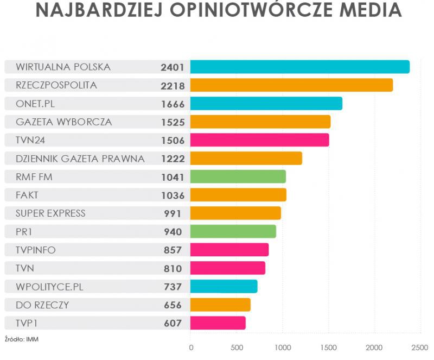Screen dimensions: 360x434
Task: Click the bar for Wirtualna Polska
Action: pos(299,67)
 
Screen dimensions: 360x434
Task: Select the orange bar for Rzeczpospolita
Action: pos(291,85)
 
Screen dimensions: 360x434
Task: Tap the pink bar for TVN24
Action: pos(259,140)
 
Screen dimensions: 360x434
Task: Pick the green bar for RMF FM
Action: pos(238,176)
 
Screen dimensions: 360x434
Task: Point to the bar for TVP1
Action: pos(218,323)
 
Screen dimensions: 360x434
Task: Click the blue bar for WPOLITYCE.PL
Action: pos(224,286)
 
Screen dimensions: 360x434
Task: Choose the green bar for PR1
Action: pos(233,231)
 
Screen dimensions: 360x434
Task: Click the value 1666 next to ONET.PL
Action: pos(173,104)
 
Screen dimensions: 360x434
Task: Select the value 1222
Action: pos(173,159)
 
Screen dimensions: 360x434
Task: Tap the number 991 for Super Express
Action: pos(173,213)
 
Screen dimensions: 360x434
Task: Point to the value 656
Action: pos(173,305)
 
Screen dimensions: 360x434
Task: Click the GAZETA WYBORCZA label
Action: pos(64,122)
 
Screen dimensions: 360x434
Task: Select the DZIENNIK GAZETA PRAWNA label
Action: pos(80,159)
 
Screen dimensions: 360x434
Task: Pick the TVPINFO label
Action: pos(36,250)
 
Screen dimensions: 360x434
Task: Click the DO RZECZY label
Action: pos(42,305)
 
